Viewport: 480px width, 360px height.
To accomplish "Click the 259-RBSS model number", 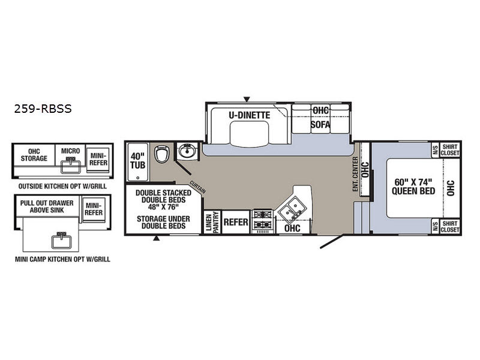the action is coord(43,109).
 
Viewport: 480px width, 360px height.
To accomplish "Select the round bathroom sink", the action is coord(187,151).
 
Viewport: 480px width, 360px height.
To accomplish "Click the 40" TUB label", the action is coord(138,161).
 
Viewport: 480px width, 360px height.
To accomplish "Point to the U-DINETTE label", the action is coord(250,115).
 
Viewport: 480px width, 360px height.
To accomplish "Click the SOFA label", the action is coord(320,125).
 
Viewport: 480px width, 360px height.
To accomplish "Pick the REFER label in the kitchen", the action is coord(236,222).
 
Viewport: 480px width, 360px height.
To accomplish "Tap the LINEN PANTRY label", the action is coord(212,222).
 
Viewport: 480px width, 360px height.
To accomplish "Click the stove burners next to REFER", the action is coord(263,220).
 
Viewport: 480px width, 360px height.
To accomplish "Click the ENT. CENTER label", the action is coord(355,174).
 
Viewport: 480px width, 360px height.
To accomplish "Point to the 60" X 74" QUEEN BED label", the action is coord(413,187).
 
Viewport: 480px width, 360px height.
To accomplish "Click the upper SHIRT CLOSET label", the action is coord(450,149).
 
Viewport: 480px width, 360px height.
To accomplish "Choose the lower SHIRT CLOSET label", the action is coord(450,227).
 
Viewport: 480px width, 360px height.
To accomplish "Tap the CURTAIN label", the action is coord(198,187).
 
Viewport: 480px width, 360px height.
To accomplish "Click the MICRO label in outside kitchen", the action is coord(70,151).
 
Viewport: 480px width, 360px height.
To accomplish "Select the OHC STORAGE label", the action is coord(34,155).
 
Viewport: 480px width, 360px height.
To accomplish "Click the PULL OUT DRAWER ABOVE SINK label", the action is coord(47,206).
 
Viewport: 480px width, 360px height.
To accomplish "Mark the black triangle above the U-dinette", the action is coord(247,99).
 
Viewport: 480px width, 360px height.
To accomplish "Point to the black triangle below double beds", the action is coord(156,238).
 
